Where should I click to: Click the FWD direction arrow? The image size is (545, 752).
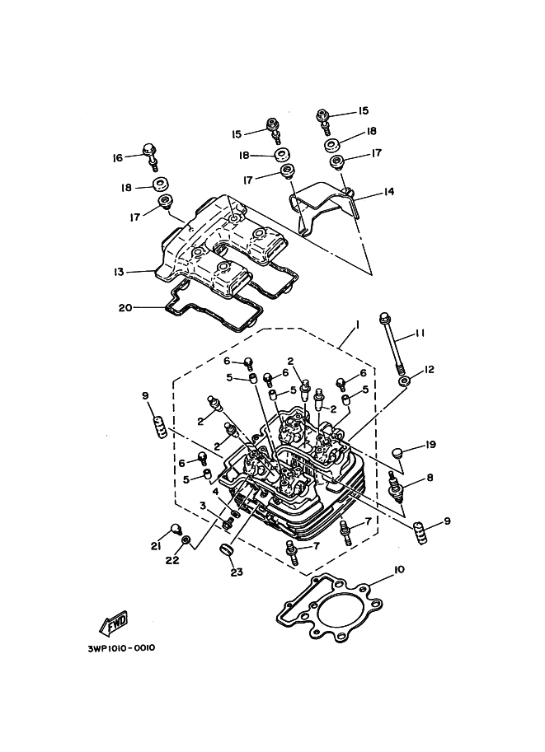[112, 626]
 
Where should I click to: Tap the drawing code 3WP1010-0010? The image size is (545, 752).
[120, 647]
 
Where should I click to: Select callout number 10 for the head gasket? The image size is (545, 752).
[399, 569]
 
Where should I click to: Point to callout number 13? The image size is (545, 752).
[120, 271]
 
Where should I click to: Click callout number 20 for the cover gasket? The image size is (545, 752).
[125, 308]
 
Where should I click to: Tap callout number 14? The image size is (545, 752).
[388, 192]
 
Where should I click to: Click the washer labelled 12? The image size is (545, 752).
[405, 382]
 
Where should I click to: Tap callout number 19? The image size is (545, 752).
[430, 445]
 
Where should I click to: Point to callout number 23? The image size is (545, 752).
[237, 572]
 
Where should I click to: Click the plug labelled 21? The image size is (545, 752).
[176, 529]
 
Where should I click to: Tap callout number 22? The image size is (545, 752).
[171, 561]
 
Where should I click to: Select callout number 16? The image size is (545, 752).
[118, 157]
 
